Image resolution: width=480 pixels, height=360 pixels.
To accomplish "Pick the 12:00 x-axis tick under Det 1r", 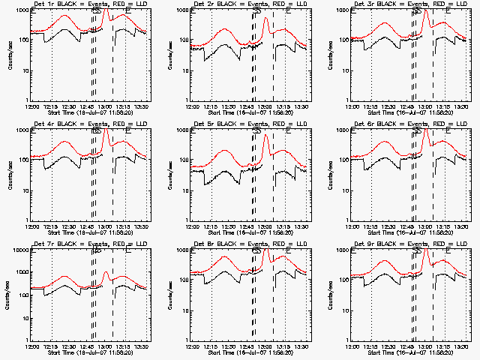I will point(31,106).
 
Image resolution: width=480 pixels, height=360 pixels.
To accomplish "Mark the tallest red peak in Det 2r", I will point(266,19).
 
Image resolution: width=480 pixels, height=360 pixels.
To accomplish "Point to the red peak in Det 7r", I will point(106,271).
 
